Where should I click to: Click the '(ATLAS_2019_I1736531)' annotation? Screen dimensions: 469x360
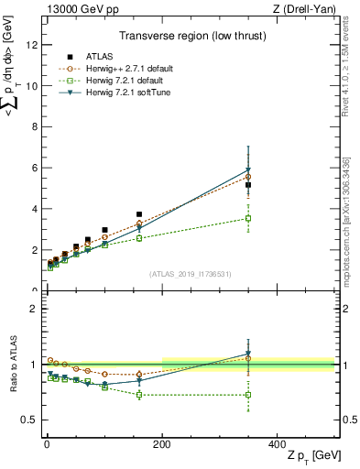click(189, 273)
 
